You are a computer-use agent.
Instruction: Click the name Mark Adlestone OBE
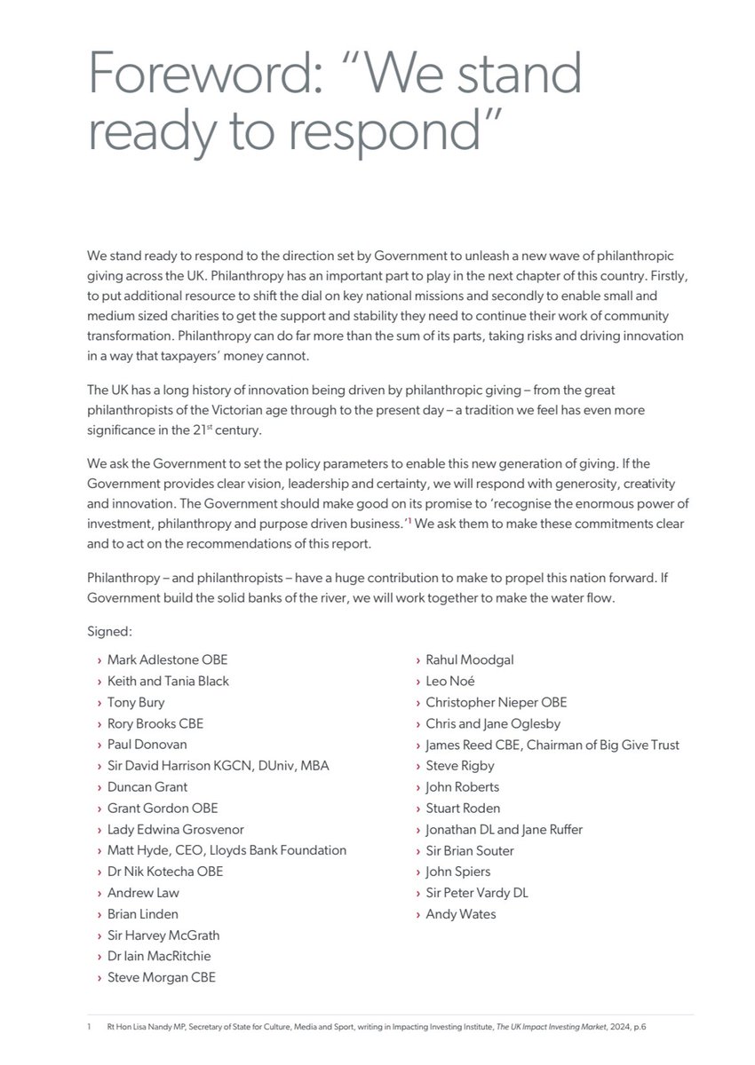(x=167, y=659)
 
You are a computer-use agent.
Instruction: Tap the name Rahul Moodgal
(x=469, y=659)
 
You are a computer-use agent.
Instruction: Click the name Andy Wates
(x=460, y=914)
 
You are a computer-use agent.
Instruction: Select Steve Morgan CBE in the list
(x=161, y=977)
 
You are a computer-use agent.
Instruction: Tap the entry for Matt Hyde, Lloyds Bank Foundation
(x=226, y=850)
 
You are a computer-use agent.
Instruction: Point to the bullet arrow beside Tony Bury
(x=99, y=702)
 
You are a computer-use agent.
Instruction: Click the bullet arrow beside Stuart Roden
(x=417, y=809)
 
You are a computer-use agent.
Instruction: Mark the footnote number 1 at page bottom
(x=90, y=1026)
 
